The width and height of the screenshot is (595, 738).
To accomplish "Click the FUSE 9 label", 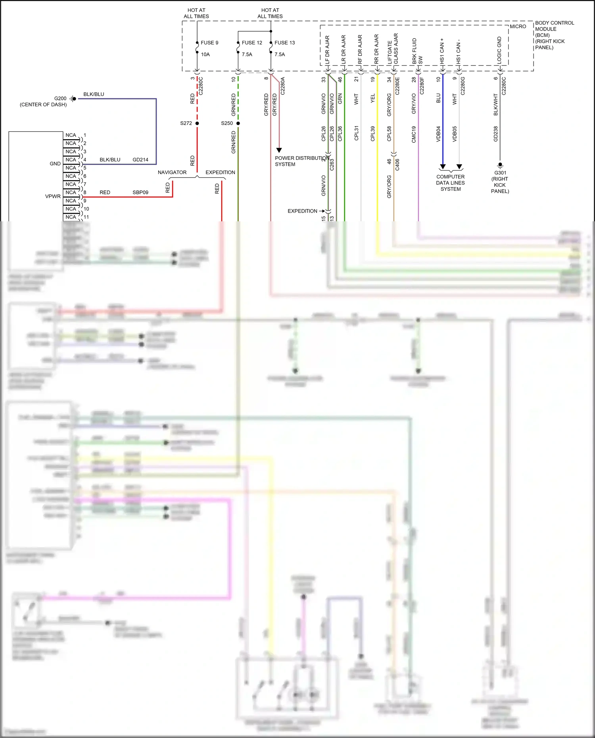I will (x=209, y=43).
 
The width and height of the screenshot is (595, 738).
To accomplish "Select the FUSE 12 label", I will (x=252, y=43).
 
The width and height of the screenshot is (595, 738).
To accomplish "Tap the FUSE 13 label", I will (x=284, y=43).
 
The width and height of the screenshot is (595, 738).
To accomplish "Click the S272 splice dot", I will (x=197, y=123).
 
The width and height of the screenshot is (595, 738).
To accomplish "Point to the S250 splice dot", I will (x=238, y=123).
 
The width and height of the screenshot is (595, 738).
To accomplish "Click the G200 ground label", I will (x=60, y=98).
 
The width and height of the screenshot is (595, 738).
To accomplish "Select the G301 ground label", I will (x=500, y=173).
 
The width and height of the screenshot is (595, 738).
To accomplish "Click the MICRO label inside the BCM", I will (x=518, y=27).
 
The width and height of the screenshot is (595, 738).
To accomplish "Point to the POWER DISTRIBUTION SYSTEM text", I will (x=301, y=161).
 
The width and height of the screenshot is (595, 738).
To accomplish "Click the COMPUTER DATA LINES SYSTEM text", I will (x=450, y=183).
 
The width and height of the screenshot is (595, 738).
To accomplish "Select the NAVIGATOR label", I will (x=172, y=173).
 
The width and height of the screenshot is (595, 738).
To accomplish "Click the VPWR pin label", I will (x=53, y=196).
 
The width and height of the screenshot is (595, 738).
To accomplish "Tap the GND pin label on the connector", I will (x=55, y=164).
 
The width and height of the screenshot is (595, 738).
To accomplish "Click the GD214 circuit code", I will (x=140, y=160).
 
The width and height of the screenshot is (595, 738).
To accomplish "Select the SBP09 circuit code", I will (x=140, y=192).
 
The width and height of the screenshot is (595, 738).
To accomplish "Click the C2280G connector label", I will (x=463, y=86).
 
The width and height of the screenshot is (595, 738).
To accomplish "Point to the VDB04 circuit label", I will (x=438, y=134).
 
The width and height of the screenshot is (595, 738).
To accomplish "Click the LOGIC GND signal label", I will (x=499, y=50).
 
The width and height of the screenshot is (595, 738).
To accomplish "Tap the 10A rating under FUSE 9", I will (x=205, y=55).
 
